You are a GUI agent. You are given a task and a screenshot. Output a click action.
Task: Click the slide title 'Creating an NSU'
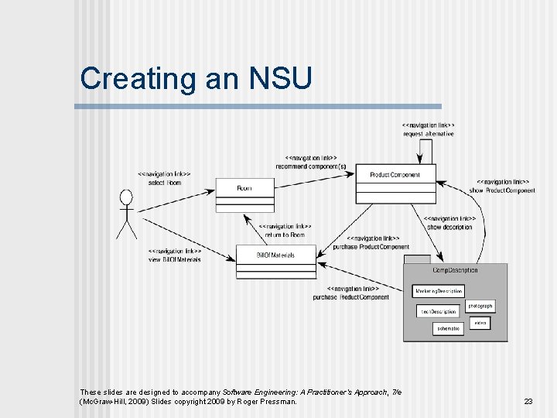click(x=196, y=79)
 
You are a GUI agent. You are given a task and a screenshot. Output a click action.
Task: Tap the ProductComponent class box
click(x=395, y=183)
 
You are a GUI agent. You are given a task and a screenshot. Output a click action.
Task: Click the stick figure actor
click(x=127, y=213)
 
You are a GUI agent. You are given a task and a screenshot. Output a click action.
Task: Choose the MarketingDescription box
click(x=439, y=291)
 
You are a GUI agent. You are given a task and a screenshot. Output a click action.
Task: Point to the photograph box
click(x=480, y=306)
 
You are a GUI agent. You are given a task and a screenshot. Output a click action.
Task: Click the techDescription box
click(x=438, y=311)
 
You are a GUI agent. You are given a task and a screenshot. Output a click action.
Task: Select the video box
click(x=480, y=322)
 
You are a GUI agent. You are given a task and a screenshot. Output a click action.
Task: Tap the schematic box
click(x=448, y=328)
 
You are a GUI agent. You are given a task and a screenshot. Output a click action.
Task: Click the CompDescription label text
click(x=455, y=270)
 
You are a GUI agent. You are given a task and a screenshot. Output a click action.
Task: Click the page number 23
click(x=528, y=401)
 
